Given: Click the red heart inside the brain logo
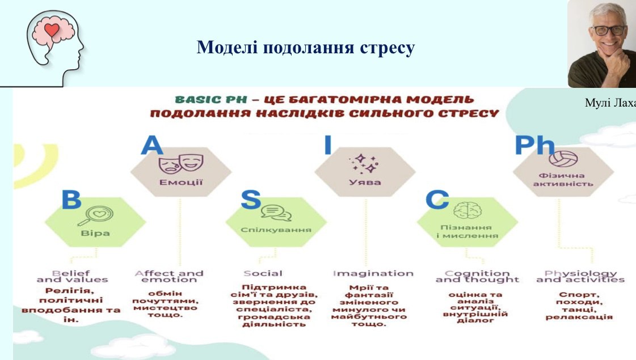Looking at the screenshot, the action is pos(52,29).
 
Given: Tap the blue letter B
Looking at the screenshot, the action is pos(71,200).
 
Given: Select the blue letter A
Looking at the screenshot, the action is pos(151,145).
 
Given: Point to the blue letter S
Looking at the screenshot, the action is pos(251,200).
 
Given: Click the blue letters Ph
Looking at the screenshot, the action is pos(534,145).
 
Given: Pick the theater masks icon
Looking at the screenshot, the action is pos(181,163).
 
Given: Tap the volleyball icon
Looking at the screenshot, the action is pos(563,159).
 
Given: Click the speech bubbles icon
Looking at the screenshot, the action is pos(276,213).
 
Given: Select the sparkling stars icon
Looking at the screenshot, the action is pos(364,163).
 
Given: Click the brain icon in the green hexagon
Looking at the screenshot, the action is pos(467,211).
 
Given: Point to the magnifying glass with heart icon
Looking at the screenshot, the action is pos(95,215).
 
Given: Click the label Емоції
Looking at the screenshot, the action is pos(181,183).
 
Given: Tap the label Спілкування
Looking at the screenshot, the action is pos(276,230).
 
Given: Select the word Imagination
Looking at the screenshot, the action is pos(373,274).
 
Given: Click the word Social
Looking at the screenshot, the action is pos(263,274).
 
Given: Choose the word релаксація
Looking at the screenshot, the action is pos(579,316).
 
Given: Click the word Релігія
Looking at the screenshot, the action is pos(70,291).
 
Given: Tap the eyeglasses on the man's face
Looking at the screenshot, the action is pos(608,30).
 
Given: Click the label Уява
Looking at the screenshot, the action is pos(365,183).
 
